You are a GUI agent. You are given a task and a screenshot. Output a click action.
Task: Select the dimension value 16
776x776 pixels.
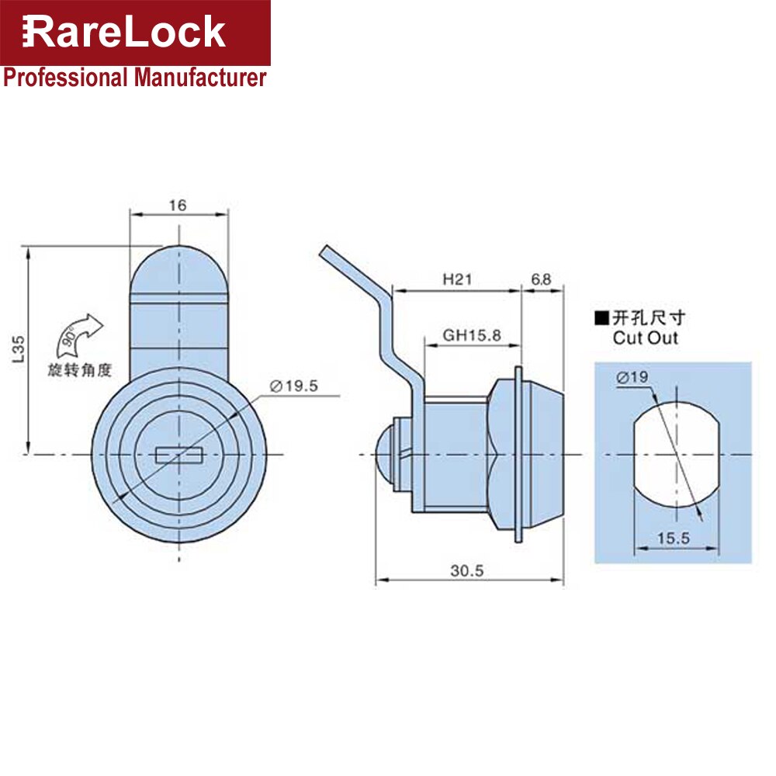click(x=178, y=206)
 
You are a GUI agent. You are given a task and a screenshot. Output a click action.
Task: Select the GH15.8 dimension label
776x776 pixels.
click(x=472, y=335)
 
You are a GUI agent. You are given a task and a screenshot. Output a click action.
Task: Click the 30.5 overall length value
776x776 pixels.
click(x=468, y=570)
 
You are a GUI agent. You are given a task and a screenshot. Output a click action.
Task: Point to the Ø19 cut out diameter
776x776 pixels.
click(x=632, y=378)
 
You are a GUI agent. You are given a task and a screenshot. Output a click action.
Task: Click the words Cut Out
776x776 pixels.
click(x=645, y=338)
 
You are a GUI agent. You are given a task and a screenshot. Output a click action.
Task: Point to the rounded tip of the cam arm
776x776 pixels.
click(x=179, y=268)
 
